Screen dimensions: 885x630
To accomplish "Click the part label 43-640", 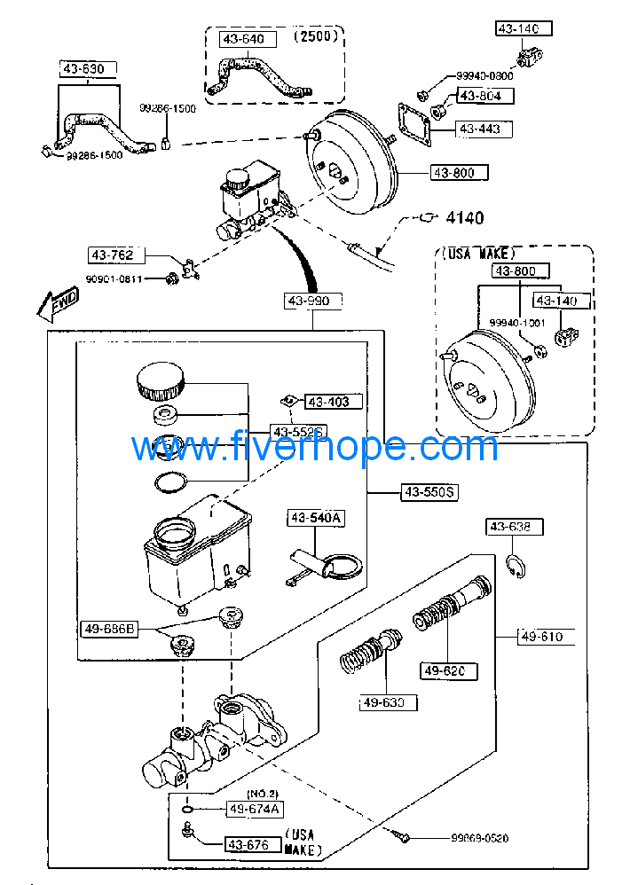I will (243, 39).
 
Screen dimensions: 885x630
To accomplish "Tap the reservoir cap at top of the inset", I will (161, 382).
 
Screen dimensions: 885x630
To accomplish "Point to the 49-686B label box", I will (110, 629).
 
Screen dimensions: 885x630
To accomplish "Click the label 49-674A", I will (254, 809).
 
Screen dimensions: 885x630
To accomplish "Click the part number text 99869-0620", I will (479, 838).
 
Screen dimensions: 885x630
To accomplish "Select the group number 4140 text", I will (464, 217).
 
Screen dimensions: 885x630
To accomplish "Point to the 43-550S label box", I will (429, 492).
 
